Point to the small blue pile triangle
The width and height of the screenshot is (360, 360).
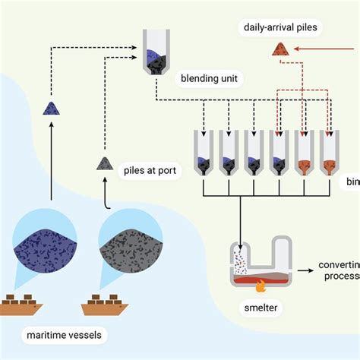coord(51,109)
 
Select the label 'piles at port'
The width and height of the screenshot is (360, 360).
coord(151,170)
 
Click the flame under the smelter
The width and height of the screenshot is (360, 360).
coord(262,289)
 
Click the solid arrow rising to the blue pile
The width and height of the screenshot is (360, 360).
coord(51,152)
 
